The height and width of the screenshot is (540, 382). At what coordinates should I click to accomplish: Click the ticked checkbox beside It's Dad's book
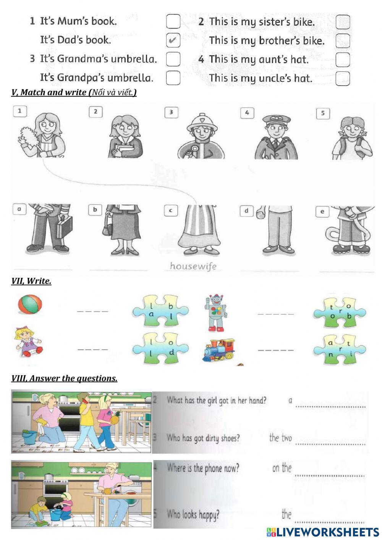coord(173,40)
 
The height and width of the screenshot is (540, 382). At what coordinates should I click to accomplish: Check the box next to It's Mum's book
coord(173,21)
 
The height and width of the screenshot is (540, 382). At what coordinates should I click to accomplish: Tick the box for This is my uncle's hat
coord(343,78)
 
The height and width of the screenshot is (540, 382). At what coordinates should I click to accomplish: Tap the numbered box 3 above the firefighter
coord(171,112)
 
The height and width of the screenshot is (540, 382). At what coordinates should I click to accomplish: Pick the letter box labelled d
coord(246,211)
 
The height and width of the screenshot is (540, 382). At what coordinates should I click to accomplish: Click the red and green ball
coord(30,305)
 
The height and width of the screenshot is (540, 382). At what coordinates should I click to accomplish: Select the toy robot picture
coord(217,312)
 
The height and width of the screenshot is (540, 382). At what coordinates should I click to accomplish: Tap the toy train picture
coord(219,350)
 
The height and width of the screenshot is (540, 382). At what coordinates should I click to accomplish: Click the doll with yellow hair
coord(28,342)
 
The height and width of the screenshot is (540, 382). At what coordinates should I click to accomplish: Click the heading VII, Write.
coord(31,281)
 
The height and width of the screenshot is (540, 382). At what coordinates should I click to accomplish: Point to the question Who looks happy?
coord(193,515)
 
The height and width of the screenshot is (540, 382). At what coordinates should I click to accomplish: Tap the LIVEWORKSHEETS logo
coord(323,532)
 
